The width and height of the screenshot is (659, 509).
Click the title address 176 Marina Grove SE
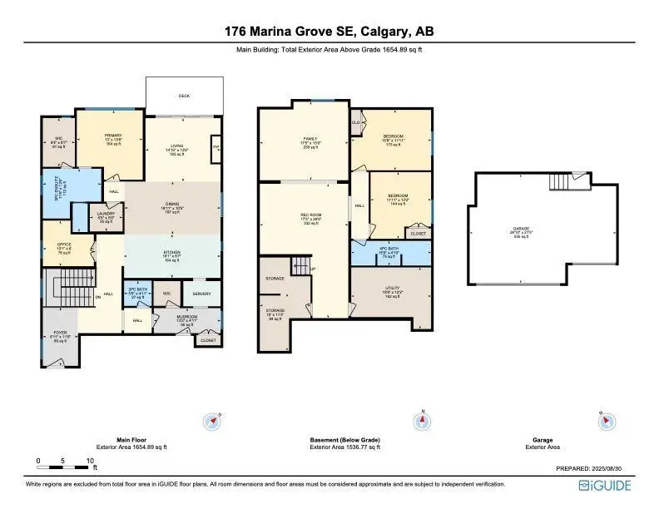[x=329, y=32]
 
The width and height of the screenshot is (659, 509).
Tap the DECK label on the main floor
[x=184, y=96]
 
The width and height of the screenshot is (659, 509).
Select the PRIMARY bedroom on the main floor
[x=111, y=138]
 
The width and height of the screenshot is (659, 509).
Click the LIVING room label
[x=176, y=149]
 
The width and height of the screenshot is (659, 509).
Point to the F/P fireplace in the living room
[x=216, y=148]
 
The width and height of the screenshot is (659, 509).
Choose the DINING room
[x=173, y=207]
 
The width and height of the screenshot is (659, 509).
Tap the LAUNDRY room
[x=106, y=218]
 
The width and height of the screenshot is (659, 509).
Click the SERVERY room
[x=202, y=294]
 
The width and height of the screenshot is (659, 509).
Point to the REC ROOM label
[x=310, y=218]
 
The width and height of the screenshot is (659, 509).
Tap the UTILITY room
[x=391, y=293]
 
